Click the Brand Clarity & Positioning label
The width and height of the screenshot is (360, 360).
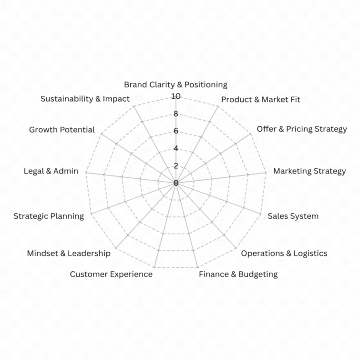point(175,85)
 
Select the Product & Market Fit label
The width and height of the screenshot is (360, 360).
point(261,100)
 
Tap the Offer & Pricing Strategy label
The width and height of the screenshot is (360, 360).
point(302,129)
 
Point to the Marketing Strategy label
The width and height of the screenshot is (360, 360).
point(309,171)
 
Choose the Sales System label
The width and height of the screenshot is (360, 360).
point(293,216)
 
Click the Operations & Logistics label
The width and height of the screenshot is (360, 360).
point(284,253)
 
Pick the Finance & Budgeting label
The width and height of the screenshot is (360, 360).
point(238,274)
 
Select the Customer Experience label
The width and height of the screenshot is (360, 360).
point(111,274)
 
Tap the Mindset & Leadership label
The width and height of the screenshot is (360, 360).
point(69,253)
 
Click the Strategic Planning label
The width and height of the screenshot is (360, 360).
point(49,216)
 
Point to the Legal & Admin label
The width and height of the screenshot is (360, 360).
point(51,171)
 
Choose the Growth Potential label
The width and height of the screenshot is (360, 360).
point(62,130)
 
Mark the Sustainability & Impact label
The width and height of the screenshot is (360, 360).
point(85,99)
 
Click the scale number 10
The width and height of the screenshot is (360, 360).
point(175,96)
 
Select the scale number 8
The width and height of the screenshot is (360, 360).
point(175,114)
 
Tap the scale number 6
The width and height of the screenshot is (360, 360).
point(175,131)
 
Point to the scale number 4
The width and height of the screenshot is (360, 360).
point(175,148)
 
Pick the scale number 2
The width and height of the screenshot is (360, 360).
point(175,166)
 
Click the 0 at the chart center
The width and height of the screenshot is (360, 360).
point(175,183)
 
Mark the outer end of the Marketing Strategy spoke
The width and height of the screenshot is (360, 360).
point(266,173)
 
